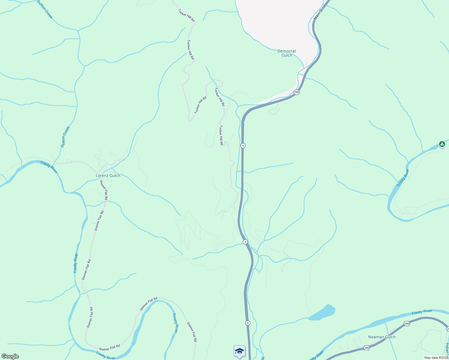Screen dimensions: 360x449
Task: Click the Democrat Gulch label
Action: [x=287, y=53]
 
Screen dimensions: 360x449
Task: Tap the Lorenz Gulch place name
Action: [x=108, y=175]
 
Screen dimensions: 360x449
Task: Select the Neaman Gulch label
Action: [x=382, y=337]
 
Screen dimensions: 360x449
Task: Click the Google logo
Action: [x=10, y=356]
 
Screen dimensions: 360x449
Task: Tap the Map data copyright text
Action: [x=436, y=358]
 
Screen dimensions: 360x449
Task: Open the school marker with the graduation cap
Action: [x=240, y=351]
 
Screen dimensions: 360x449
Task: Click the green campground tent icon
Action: [x=442, y=144]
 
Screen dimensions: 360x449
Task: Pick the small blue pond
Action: [x=322, y=313]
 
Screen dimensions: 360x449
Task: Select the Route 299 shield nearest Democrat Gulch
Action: [x=297, y=92]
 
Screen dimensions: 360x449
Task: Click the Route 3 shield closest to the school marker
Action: [x=247, y=323]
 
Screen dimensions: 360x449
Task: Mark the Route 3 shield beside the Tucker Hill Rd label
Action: [x=243, y=145]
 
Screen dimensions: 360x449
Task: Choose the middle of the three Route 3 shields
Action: [x=245, y=242]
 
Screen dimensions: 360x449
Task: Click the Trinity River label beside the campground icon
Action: [x=403, y=178]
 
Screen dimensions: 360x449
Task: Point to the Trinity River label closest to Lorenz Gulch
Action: [x=49, y=167]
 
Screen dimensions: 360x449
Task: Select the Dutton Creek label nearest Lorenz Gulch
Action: [x=65, y=137]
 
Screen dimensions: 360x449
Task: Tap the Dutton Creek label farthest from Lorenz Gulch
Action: [x=45, y=9]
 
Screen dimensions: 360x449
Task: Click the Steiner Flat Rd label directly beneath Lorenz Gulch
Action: [x=104, y=190]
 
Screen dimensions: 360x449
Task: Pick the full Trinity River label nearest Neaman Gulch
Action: [x=421, y=312]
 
